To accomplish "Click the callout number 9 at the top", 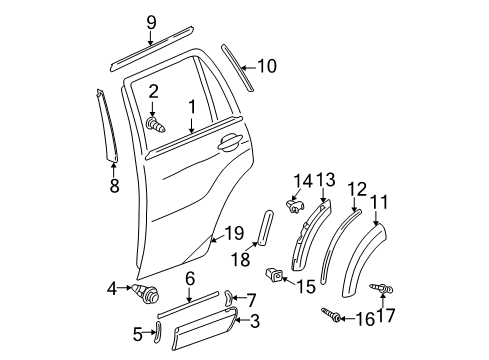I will pyautogui.click(x=151, y=22).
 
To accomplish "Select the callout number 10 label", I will pyautogui.click(x=265, y=67).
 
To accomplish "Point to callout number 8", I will pyautogui.click(x=113, y=184).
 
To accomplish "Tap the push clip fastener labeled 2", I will pyautogui.click(x=155, y=125).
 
